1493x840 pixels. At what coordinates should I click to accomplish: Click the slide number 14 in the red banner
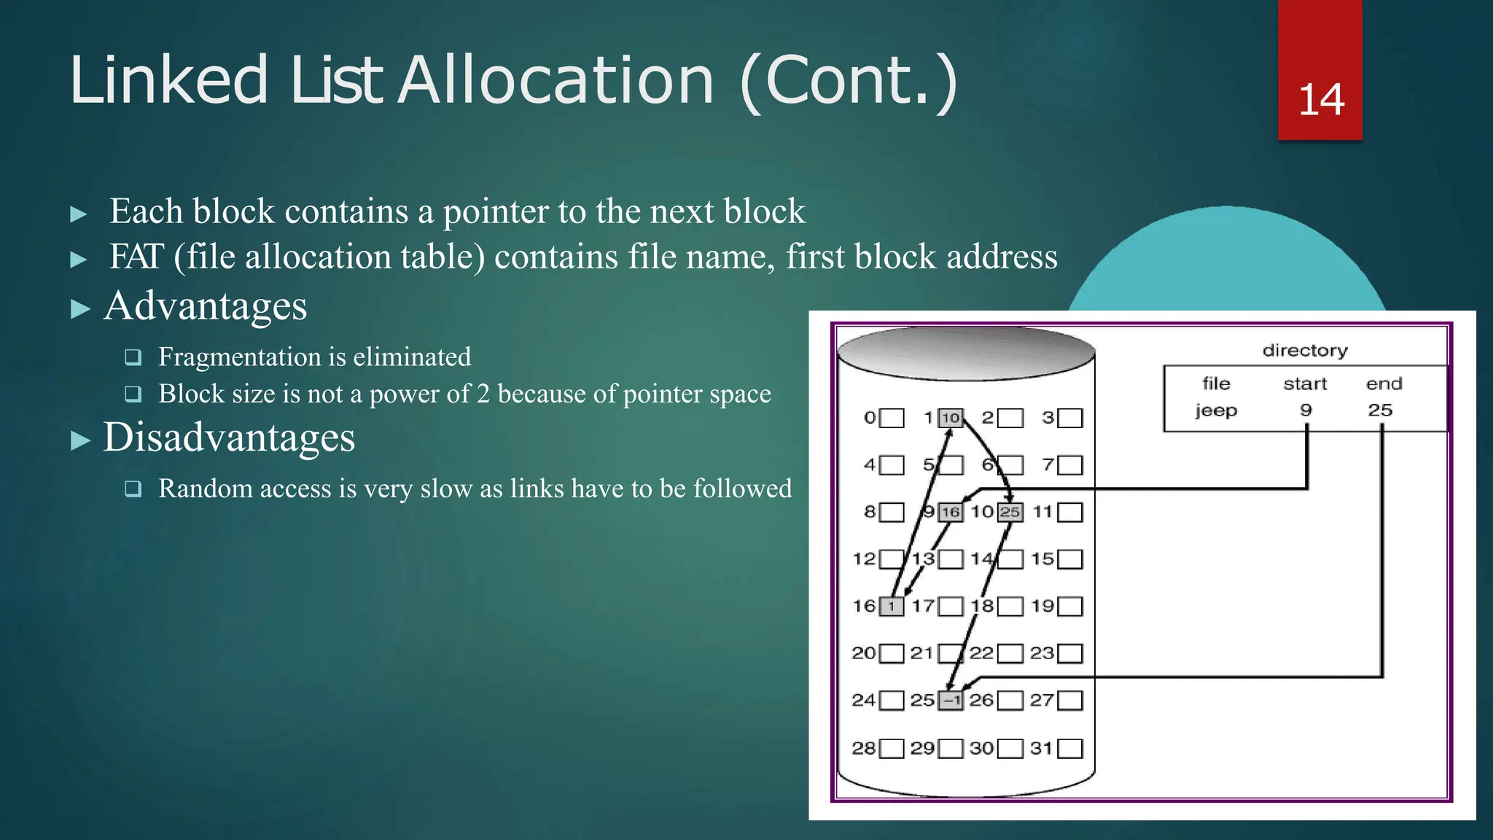click(x=1321, y=100)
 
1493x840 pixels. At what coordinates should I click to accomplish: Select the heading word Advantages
click(x=206, y=306)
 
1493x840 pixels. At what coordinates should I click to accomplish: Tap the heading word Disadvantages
click(x=229, y=437)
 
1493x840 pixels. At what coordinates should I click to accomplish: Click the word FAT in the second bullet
click(x=136, y=257)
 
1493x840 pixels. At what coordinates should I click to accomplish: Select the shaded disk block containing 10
click(x=950, y=418)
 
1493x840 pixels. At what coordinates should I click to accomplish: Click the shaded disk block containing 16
click(x=950, y=512)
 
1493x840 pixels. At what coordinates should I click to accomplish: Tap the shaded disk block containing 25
click(x=1010, y=512)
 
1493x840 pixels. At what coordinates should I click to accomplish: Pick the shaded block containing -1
click(x=950, y=701)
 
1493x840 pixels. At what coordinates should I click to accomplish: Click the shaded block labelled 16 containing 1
click(x=891, y=607)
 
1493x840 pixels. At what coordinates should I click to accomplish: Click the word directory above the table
click(x=1305, y=351)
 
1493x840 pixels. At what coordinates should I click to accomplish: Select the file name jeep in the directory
click(x=1216, y=411)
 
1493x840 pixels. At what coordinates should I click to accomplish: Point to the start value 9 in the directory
click(x=1306, y=411)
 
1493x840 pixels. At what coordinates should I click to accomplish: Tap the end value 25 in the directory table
click(x=1380, y=411)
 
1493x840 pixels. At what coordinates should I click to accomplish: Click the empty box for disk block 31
click(x=1069, y=749)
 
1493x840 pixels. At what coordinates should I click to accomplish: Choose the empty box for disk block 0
click(x=892, y=418)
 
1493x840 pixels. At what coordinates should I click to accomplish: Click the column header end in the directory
click(x=1384, y=384)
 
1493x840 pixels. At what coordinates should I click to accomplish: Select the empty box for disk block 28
click(x=892, y=749)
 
